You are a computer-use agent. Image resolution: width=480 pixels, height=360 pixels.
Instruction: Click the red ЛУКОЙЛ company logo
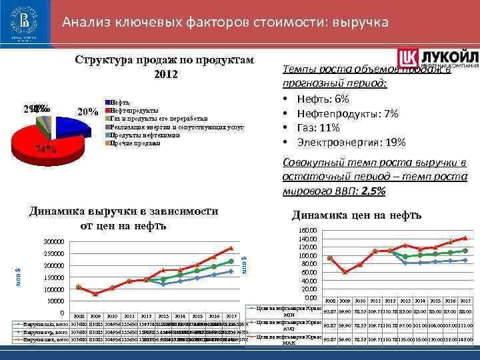[x=438, y=58]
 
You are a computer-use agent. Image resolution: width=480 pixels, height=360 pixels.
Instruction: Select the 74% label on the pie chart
[x=46, y=149]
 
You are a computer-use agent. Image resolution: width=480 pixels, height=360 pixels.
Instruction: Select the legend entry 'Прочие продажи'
[x=136, y=143]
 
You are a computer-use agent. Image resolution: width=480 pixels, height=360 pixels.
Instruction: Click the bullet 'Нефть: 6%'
[x=323, y=99]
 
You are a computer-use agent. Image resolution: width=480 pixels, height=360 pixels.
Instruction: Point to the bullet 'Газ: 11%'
[x=318, y=128]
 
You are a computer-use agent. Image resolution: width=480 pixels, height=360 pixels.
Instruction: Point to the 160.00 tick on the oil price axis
[x=308, y=231]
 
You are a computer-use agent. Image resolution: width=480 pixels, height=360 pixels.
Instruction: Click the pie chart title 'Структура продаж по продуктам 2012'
[x=165, y=66]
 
